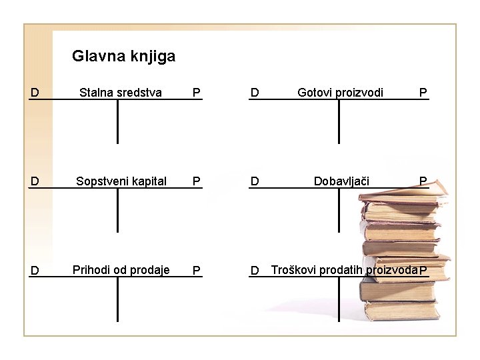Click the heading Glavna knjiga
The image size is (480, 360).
click(123, 56)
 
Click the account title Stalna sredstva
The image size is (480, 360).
click(121, 93)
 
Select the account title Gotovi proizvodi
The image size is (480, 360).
click(340, 93)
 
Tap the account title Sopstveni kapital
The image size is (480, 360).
click(121, 181)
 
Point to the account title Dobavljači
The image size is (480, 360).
click(341, 181)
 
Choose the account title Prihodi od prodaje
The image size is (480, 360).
click(121, 269)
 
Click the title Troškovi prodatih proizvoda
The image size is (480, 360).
click(344, 270)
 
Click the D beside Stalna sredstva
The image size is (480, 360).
click(35, 93)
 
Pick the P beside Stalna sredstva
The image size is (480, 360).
click(196, 93)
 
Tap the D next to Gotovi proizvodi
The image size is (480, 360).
click(255, 93)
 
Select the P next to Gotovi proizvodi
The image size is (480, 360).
click(423, 93)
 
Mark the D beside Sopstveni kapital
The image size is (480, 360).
click(35, 181)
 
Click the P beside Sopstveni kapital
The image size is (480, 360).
click(196, 181)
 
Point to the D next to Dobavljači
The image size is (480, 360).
click(255, 181)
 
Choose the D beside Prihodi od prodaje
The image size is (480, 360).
click(35, 271)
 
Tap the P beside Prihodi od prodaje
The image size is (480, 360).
click(196, 271)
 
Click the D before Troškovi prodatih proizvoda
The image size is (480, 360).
click(255, 271)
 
